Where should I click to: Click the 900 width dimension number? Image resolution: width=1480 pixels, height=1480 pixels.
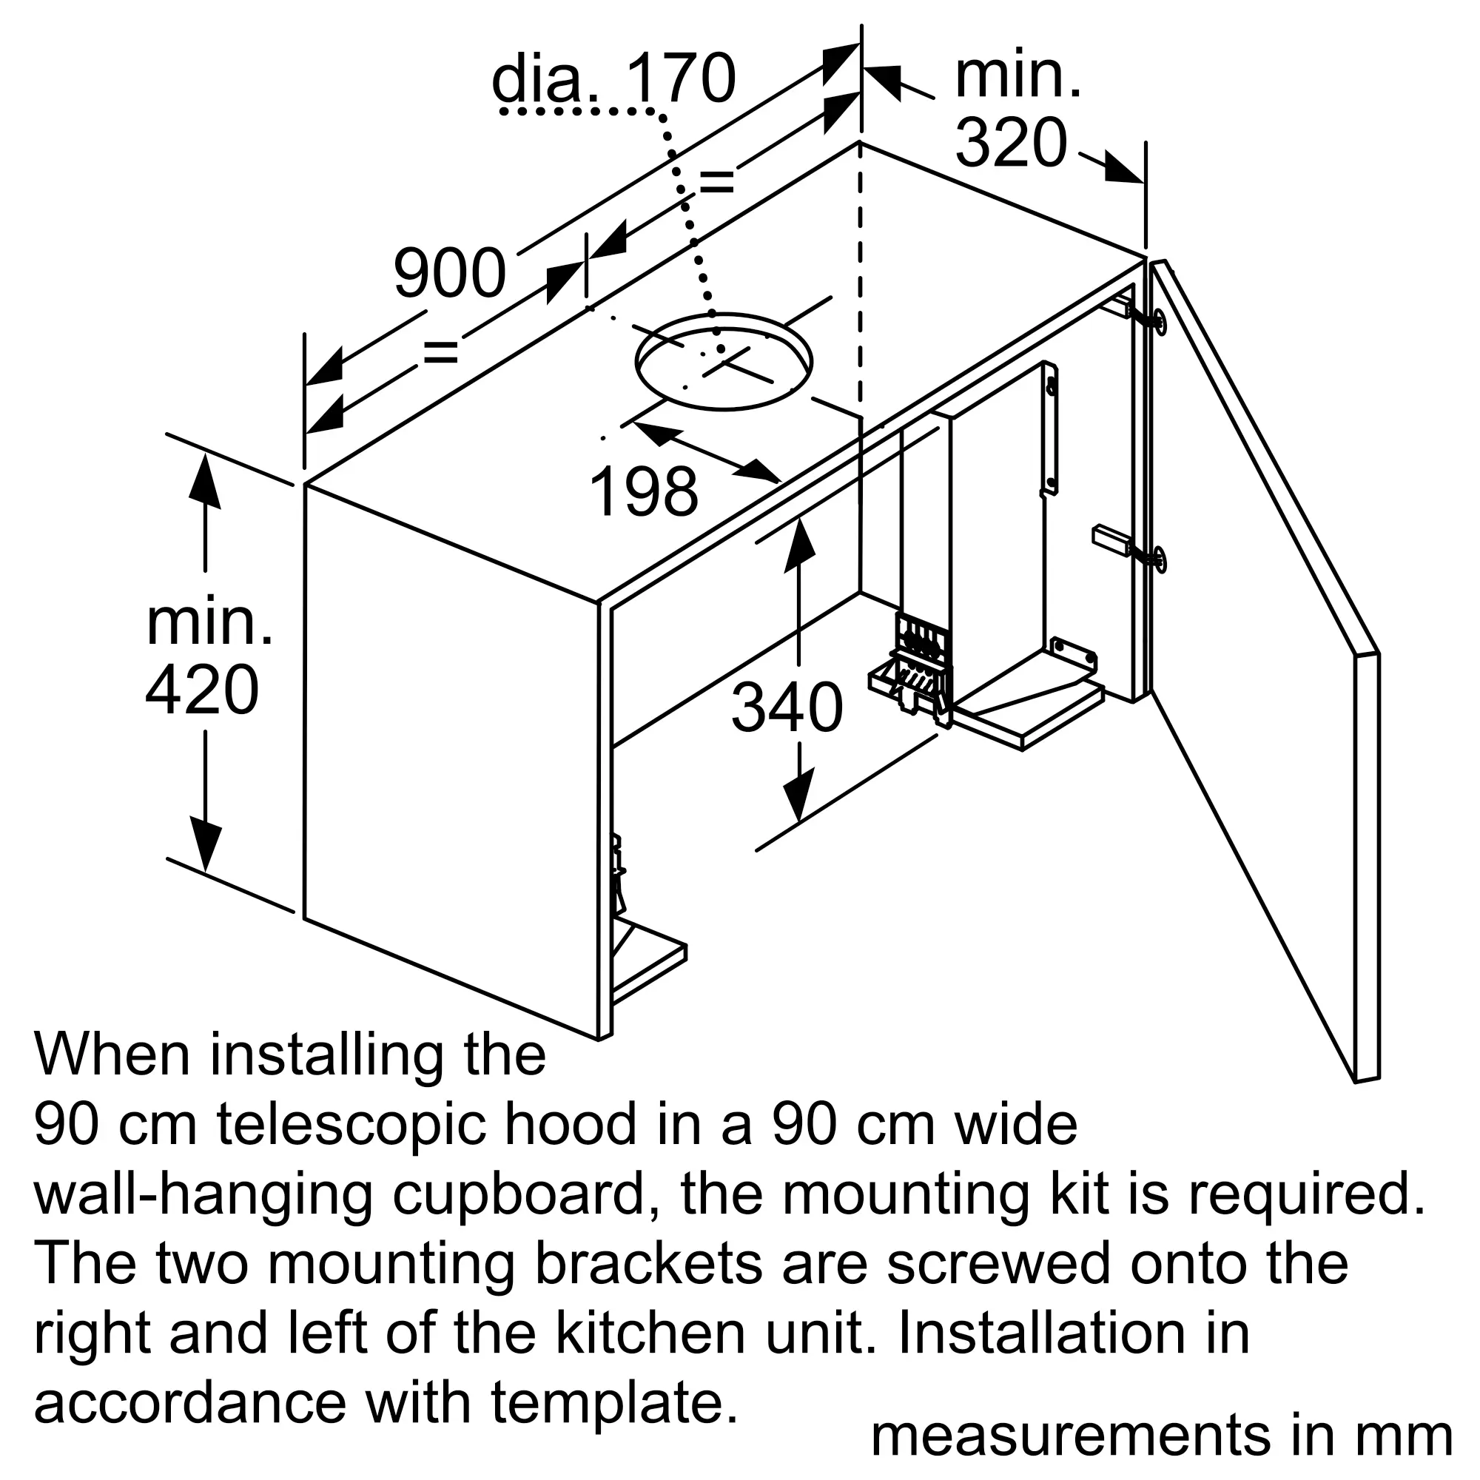(450, 273)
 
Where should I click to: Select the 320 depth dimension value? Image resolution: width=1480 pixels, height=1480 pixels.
(1011, 143)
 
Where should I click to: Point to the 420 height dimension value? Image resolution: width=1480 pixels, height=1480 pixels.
(202, 690)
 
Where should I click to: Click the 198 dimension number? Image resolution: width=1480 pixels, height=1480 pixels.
(644, 491)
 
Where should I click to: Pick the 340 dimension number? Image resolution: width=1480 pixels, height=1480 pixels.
(787, 708)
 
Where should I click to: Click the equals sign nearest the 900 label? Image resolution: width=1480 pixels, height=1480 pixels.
(440, 352)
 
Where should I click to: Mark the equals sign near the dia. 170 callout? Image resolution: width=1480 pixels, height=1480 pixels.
(716, 182)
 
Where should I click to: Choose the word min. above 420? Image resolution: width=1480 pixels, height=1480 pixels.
(209, 624)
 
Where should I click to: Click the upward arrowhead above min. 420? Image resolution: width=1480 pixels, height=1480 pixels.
(204, 481)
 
